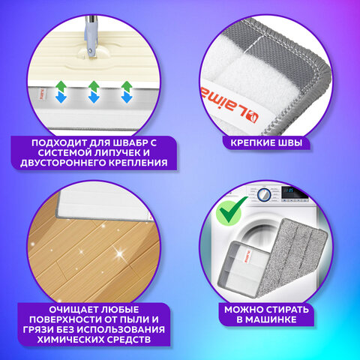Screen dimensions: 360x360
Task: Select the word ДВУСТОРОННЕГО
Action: point(63,163)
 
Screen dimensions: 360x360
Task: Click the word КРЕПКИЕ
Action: point(251,143)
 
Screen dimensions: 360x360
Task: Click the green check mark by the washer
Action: point(230,210)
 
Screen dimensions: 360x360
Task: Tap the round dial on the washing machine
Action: point(264,195)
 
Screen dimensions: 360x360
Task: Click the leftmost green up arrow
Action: point(61,86)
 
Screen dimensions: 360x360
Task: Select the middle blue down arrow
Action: point(94,97)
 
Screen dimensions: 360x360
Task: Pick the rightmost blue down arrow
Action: point(127,97)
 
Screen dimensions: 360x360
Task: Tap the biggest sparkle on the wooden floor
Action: point(120,254)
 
